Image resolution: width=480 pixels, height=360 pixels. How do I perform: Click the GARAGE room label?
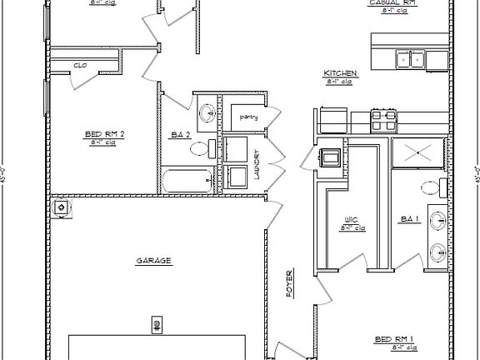point(153,261)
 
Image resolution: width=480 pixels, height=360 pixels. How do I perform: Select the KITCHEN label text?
point(341,74)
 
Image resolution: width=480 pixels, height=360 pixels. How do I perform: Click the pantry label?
point(248,117)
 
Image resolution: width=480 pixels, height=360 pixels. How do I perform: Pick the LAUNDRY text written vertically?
point(257,163)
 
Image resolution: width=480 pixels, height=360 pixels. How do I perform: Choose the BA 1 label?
point(409,219)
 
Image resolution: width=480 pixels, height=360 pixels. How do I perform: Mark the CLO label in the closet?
point(81,64)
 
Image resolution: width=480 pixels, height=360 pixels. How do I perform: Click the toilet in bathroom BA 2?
point(199,149)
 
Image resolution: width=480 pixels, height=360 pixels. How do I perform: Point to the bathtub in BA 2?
point(187,180)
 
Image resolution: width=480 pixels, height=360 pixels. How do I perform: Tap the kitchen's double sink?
point(410,58)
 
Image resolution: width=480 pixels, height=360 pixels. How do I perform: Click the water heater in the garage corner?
point(61,207)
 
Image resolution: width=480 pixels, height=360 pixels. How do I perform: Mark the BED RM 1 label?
point(393,339)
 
